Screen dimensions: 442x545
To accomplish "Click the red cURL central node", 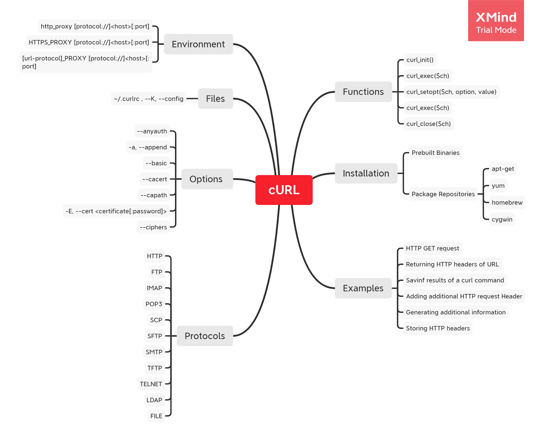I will pos(284,190).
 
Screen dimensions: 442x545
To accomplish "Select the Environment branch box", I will pos(198,44).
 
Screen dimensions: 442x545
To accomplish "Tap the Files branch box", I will pos(215,98).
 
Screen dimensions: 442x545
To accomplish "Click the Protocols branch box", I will pos(205,336).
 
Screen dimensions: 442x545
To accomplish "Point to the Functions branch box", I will pos(363,92).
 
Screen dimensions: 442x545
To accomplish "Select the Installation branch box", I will pos(366,173).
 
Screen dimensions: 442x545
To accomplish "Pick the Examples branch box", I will pos(363,288).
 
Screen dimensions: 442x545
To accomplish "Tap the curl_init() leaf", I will pos(420,60).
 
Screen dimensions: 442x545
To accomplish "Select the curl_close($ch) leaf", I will pos(428,124).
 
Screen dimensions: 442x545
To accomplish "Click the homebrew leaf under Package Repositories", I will pos(507,203).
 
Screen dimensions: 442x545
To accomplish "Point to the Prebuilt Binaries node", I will pos(435,153).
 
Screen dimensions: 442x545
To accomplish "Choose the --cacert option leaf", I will pos(155,179).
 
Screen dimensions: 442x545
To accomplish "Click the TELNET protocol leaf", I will pos(151,384).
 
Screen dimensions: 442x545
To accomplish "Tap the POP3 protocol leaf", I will pos(154,304).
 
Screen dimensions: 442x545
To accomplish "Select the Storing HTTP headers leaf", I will pos(438,328).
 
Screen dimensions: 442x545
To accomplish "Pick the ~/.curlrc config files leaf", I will pos(148,99).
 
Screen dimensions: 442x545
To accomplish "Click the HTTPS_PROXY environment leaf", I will pos(89,42).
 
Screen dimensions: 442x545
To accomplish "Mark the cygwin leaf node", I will pos(502,219).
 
